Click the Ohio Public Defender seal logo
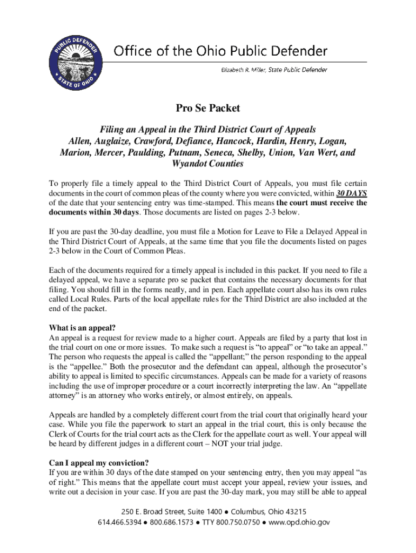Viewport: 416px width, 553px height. pos(76,59)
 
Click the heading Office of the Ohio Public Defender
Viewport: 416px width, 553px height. pos(220,51)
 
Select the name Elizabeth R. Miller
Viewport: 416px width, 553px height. pos(243,70)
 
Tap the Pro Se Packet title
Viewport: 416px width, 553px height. pos(207,109)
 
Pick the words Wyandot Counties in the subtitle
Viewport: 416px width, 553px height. pos(207,164)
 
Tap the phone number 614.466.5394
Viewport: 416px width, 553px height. pos(118,522)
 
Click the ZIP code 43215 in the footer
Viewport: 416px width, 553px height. pos(295,511)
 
